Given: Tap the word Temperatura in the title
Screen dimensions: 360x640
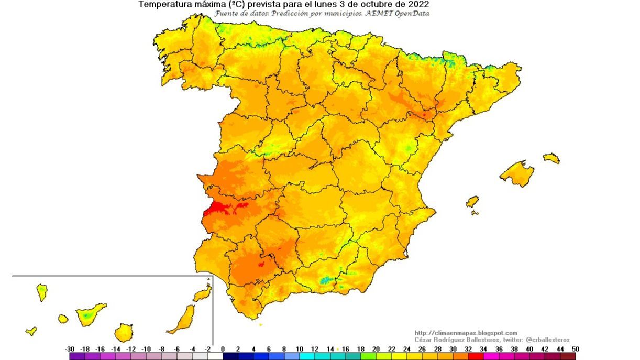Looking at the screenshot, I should click(x=162, y=4).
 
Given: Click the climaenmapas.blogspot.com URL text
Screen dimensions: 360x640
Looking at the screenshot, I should click(x=466, y=333).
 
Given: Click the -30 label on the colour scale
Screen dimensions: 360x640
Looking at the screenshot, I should click(x=70, y=349).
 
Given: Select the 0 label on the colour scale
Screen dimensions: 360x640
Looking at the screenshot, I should click(x=223, y=349).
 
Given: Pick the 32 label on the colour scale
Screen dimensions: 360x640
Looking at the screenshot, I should click(x=468, y=349).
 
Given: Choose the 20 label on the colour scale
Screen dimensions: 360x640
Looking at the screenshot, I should click(x=376, y=349).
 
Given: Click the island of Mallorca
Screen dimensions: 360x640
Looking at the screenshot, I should click(x=517, y=173).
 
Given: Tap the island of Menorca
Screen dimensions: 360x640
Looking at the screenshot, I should click(x=551, y=158).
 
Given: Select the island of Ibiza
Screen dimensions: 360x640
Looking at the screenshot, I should click(x=472, y=202).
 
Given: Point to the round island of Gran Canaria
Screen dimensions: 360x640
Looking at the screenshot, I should click(x=124, y=332).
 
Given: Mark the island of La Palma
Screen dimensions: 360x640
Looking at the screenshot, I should click(x=42, y=292).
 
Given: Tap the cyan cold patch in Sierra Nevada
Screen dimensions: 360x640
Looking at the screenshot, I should click(x=327, y=280).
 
